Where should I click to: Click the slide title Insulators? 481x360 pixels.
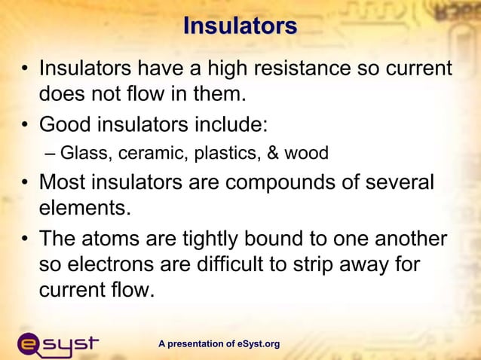[240, 26]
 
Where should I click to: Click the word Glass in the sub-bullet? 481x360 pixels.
[84, 154]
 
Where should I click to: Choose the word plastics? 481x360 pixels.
[225, 154]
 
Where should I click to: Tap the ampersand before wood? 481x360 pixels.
[270, 154]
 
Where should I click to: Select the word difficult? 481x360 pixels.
[223, 264]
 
